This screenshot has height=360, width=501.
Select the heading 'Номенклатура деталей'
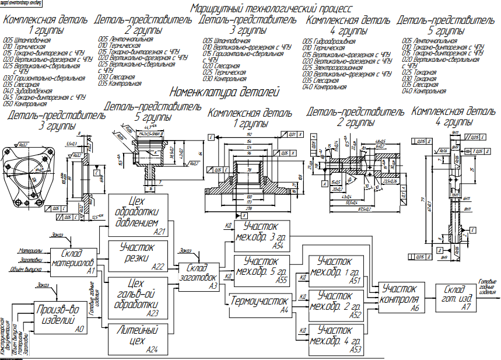point(225,92)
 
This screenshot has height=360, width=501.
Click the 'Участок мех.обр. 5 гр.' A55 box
point(261,270)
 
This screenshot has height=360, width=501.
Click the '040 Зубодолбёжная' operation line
point(27,91)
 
